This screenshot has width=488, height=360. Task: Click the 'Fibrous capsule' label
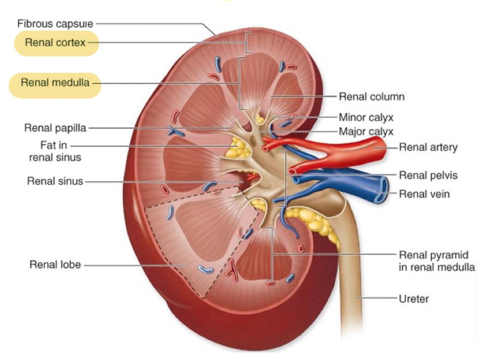55,24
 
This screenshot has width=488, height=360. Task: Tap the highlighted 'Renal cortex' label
55,43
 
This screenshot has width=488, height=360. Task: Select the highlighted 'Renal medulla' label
55,83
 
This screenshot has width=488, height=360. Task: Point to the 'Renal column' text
371,97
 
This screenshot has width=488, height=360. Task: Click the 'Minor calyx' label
366,118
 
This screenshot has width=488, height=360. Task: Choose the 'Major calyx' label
366,132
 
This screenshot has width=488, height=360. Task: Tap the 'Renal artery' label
428,147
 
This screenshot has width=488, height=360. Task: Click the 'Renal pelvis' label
428,175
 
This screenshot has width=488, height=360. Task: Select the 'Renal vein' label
424,194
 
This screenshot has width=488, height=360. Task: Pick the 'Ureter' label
413,299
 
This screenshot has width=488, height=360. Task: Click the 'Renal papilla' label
55,128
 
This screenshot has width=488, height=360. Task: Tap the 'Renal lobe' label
55,265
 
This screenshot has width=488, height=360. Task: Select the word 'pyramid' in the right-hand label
451,255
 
